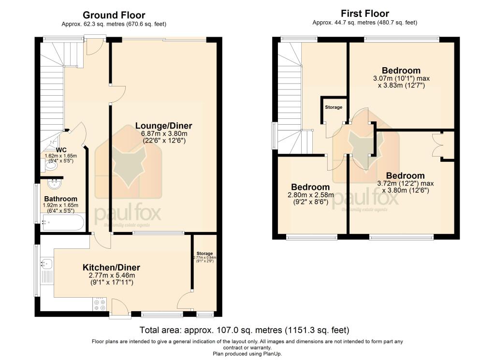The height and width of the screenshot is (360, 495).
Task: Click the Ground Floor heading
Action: pyautogui.click(x=114, y=15)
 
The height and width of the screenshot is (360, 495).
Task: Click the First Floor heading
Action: pyautogui.click(x=365, y=14)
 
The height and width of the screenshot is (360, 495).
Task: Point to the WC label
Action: pyautogui.click(x=61, y=150)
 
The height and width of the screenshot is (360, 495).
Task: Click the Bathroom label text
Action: pyautogui.click(x=61, y=199)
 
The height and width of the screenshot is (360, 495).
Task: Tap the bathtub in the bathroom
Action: pyautogui.click(x=63, y=223)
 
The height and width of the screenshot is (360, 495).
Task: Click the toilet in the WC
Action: pyautogui.click(x=50, y=166)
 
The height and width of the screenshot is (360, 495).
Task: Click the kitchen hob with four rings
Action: pyautogui.click(x=99, y=304)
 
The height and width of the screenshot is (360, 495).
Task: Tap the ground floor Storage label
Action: pyautogui.click(x=205, y=253)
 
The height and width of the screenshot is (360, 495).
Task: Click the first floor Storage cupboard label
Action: pyautogui.click(x=333, y=107)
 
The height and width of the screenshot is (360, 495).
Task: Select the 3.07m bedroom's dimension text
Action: pyautogui.click(x=401, y=82)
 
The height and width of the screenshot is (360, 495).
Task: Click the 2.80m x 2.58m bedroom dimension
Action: pyautogui.click(x=310, y=199)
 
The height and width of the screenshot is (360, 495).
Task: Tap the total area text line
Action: pyautogui.click(x=244, y=331)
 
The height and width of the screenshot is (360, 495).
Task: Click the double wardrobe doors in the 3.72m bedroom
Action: pyautogui.click(x=438, y=145)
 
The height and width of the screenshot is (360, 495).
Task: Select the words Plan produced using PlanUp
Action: pyautogui.click(x=247, y=354)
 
